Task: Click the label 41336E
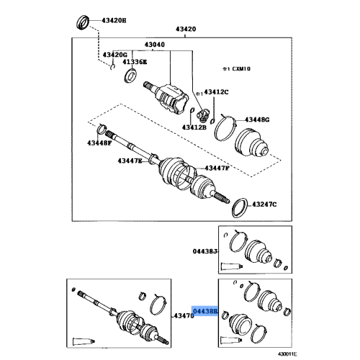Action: [134, 63]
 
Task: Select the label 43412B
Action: [194, 127]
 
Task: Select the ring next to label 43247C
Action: [238, 208]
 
